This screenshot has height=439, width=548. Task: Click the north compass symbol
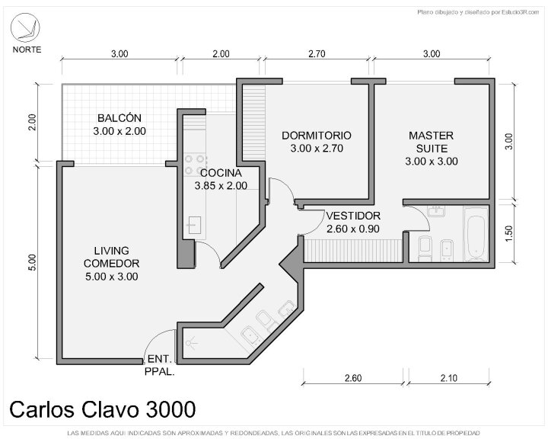pyautogui.click(x=25, y=27)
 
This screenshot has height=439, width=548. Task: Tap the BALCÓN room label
pyautogui.click(x=119, y=124)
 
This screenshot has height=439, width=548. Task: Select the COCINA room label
pyautogui.click(x=221, y=179)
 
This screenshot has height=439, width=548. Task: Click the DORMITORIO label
pyautogui.click(x=317, y=142)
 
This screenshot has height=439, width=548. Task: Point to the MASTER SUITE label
pyautogui.click(x=432, y=148)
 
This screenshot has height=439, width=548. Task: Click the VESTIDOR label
pyautogui.click(x=353, y=223)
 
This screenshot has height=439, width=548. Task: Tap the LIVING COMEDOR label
pyautogui.click(x=111, y=263)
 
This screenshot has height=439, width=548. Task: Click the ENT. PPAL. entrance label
pyautogui.click(x=159, y=365)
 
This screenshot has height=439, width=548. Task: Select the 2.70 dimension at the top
pyautogui.click(x=317, y=54)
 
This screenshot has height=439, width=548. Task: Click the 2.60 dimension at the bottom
pyautogui.click(x=353, y=378)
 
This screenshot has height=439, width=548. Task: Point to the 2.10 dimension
pyautogui.click(x=449, y=378)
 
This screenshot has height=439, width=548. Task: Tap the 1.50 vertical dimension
pyautogui.click(x=509, y=233)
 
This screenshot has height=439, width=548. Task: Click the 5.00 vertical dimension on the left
pyautogui.click(x=32, y=262)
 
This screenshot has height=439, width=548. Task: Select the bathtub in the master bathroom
pyautogui.click(x=476, y=234)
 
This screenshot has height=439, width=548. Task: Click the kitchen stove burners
pyautogui.click(x=194, y=165)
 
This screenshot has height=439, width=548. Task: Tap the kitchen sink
pyautogui.click(x=195, y=225)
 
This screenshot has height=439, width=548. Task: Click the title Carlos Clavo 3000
pyautogui.click(x=103, y=409)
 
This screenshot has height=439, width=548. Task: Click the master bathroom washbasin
pyautogui.click(x=436, y=211)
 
